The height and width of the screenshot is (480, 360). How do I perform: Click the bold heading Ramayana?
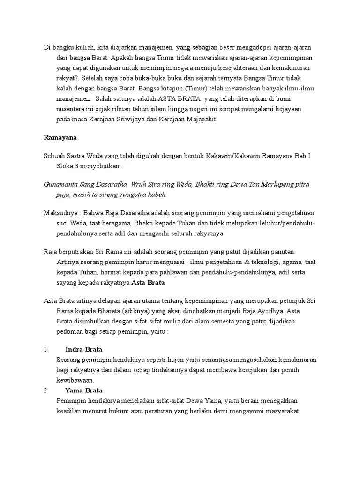60,137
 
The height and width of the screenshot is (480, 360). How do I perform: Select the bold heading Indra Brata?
84,350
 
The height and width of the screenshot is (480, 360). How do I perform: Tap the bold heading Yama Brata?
84,390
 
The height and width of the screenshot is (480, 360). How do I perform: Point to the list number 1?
46,350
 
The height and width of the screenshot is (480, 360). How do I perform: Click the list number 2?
46,390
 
